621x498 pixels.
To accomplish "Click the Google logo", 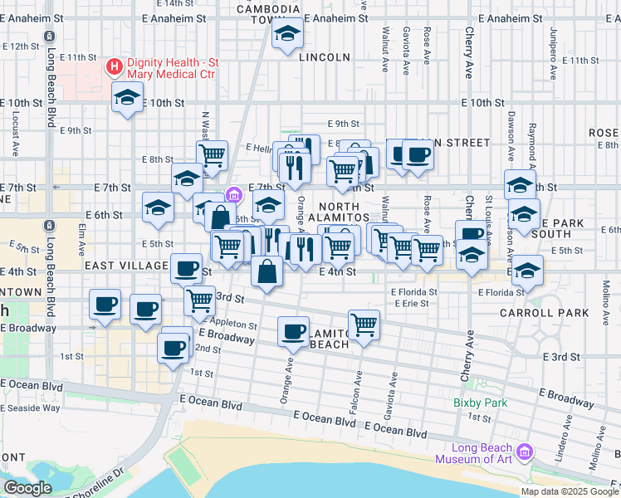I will pyautogui.click(x=27, y=488).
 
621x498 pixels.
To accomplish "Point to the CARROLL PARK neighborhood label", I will pyautogui.click(x=544, y=313).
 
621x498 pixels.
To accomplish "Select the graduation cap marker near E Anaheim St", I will pyautogui.click(x=287, y=33).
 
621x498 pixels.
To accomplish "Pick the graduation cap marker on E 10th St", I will pyautogui.click(x=127, y=99).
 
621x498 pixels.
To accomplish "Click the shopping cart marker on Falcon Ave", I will pyautogui.click(x=364, y=325).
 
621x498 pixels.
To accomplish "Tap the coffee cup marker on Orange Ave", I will pyautogui.click(x=293, y=332).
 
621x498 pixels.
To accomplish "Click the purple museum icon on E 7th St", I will pyautogui.click(x=234, y=195).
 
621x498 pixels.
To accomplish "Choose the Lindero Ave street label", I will pyautogui.click(x=562, y=437).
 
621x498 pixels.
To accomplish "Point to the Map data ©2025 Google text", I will pyautogui.click(x=569, y=491).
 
